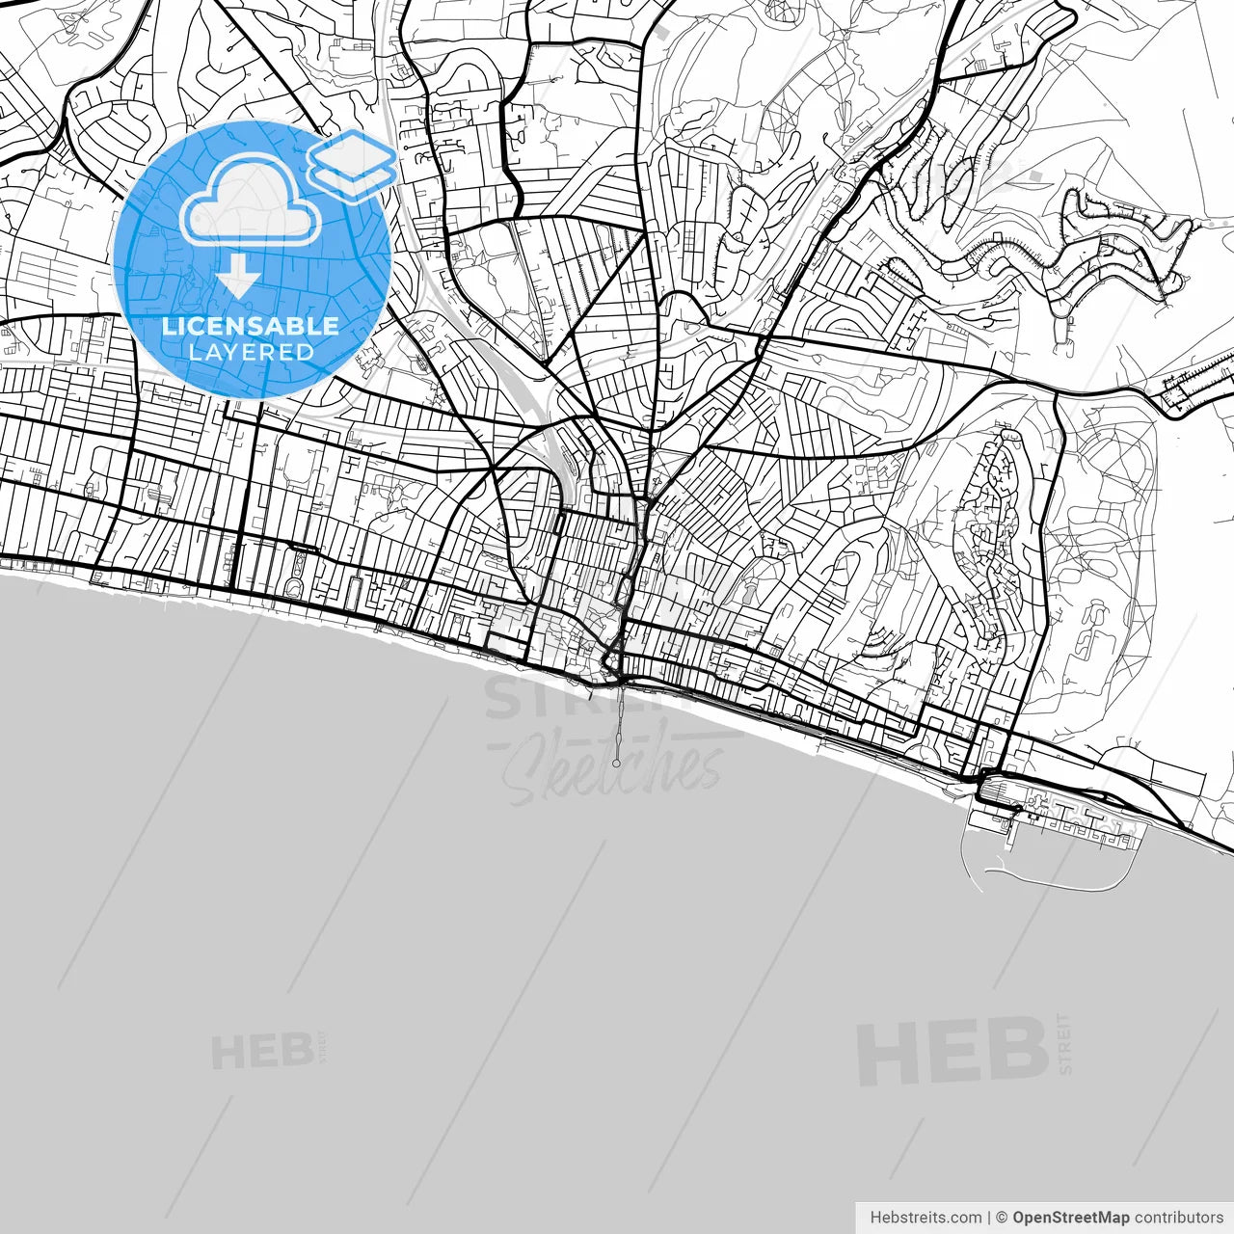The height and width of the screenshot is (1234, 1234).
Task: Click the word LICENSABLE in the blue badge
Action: pyautogui.click(x=251, y=326)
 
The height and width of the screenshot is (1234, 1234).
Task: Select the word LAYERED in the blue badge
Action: pyautogui.click(x=251, y=352)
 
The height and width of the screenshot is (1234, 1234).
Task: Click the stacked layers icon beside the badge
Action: pyautogui.click(x=352, y=166)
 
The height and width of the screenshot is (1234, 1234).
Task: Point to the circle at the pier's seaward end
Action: pyautogui.click(x=617, y=764)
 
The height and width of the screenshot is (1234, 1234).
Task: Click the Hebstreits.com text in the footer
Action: pyautogui.click(x=925, y=1218)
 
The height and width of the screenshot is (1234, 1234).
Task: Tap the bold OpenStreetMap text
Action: pyautogui.click(x=1070, y=1218)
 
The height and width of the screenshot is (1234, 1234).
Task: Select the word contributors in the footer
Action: pyautogui.click(x=1178, y=1218)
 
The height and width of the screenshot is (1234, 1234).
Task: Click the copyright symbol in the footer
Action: pyautogui.click(x=1002, y=1218)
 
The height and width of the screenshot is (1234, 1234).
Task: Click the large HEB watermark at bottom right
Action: pyautogui.click(x=952, y=1053)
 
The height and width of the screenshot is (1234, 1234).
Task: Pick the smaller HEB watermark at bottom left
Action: pyautogui.click(x=260, y=1052)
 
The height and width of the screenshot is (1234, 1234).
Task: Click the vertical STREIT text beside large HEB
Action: pyautogui.click(x=1064, y=1043)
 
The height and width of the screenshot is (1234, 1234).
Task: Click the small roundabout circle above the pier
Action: pyautogui.click(x=609, y=660)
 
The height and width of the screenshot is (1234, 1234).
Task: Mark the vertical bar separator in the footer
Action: pyautogui.click(x=989, y=1218)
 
